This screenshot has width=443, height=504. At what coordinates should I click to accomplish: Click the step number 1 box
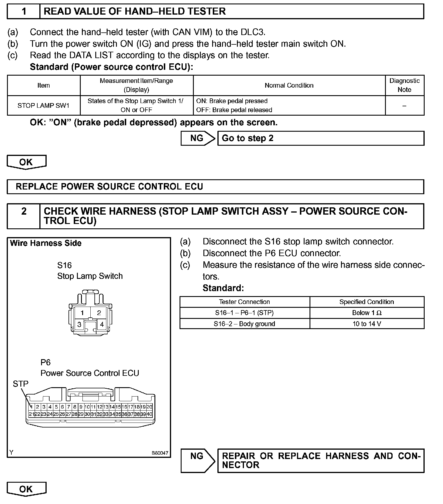tap(24, 11)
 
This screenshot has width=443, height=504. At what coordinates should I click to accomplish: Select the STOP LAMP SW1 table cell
tap(43, 105)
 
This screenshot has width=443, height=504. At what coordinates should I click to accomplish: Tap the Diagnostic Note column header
tap(405, 85)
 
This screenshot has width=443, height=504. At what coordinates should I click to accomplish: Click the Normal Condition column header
tap(289, 85)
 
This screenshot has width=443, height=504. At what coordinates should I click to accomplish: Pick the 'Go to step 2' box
tap(321, 138)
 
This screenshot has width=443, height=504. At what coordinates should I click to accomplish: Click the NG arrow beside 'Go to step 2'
tap(198, 138)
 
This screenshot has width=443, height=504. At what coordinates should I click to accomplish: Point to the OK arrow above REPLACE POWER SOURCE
tap(26, 162)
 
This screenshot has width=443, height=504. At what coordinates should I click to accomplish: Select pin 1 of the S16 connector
tap(82, 313)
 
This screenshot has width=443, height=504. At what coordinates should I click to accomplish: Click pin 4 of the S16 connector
tap(102, 324)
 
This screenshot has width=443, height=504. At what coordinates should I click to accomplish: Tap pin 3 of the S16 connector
tap(79, 324)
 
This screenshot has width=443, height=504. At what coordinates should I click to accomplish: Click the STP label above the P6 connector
tap(20, 384)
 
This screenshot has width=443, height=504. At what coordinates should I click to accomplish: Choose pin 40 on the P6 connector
tap(150, 414)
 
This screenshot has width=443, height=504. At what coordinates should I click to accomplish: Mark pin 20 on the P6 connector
tap(150, 407)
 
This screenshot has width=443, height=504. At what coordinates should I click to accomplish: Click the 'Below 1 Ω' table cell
tap(367, 313)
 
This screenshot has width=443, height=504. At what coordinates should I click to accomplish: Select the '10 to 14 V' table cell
tap(367, 324)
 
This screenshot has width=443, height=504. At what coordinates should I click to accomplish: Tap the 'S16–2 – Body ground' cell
tap(244, 324)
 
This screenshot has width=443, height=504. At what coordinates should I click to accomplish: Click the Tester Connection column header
tap(244, 302)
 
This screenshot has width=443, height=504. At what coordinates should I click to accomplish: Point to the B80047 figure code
tap(160, 453)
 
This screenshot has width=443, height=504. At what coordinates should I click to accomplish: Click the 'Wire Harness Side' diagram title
tap(46, 243)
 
